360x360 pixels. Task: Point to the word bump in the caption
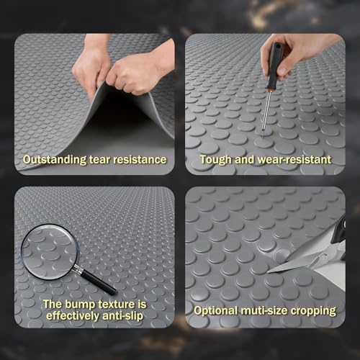[80, 305]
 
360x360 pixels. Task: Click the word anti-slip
[123, 315]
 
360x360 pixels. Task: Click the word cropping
[313, 311]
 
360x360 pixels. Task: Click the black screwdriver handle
[274, 66]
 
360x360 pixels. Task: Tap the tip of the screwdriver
[262, 138]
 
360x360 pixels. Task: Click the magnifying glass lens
[50, 252]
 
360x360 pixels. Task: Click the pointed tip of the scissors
[268, 272]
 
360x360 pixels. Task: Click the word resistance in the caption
[140, 160]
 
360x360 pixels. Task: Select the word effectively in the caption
[73, 316]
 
